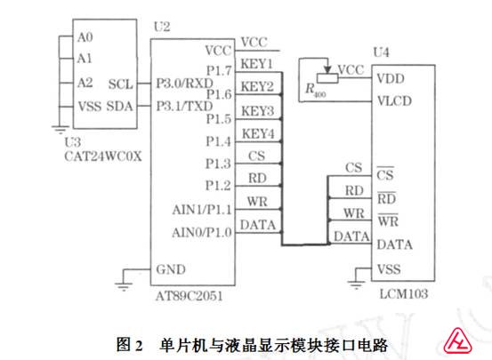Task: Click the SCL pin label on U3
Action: pos(120,84)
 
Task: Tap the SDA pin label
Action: pos(119,106)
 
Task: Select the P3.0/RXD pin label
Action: pos(185,84)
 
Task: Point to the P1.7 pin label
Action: pos(219,70)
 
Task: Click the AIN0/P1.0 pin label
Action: pos(202,232)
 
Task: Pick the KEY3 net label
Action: pos(258,111)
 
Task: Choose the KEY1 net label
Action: pos(256,64)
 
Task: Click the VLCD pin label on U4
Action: pos(394,101)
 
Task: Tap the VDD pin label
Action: pos(391,78)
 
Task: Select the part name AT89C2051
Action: pos(190,296)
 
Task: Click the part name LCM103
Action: pos(404,294)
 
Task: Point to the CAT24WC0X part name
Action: pos(103,156)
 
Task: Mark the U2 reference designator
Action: pos(162,27)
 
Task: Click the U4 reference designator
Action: pos(382,52)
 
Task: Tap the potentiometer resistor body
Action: pos(327,78)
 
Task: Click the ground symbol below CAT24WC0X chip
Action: pos(60,129)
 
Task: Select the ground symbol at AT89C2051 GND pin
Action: pos(124,286)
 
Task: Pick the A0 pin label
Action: pos(85,37)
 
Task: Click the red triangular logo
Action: pos(458,340)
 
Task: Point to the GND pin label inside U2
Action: pos(171,269)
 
